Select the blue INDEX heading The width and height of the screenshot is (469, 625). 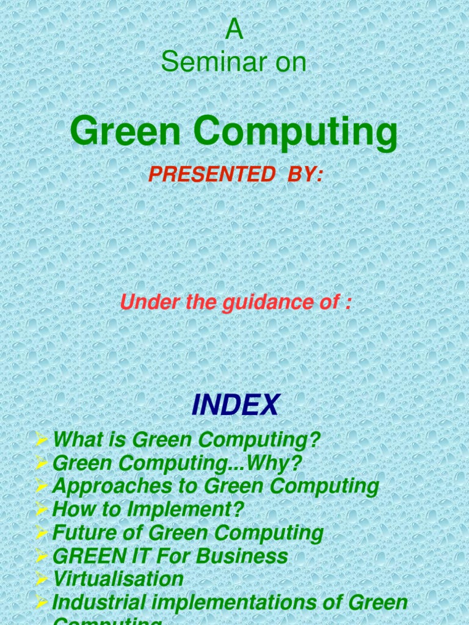click(235, 405)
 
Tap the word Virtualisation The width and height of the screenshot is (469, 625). click(118, 579)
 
